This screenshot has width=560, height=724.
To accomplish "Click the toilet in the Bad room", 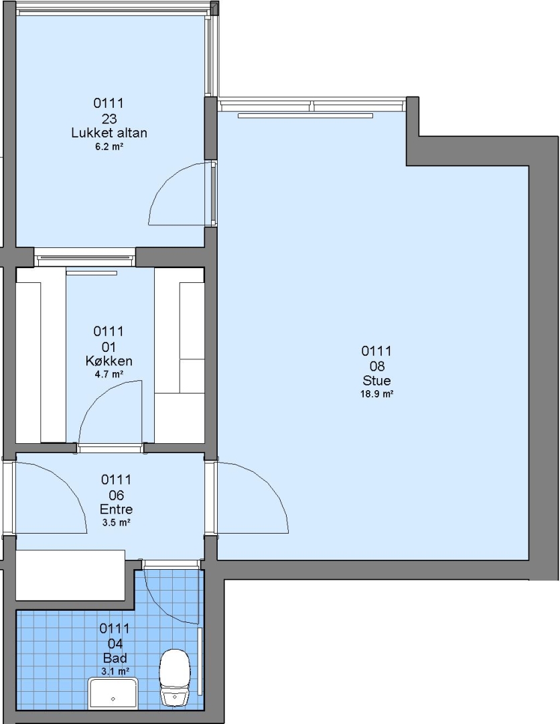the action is click(x=175, y=678).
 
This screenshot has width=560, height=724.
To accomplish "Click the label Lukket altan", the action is click(x=109, y=133).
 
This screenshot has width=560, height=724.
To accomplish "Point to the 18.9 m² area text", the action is click(x=376, y=394).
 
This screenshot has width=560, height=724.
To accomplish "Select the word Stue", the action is click(x=376, y=381).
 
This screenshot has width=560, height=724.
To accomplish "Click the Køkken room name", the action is click(x=109, y=361).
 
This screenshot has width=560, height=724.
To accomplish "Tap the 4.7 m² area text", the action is click(x=109, y=375).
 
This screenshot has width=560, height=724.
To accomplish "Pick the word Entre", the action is click(x=117, y=509).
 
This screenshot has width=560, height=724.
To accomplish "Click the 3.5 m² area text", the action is click(x=117, y=523).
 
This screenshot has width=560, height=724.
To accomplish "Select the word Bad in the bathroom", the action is click(x=115, y=658).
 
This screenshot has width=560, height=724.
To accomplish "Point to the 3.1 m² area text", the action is click(x=115, y=671).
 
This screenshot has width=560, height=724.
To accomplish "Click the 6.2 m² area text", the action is click(x=109, y=147).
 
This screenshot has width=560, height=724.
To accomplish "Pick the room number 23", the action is click(x=109, y=119).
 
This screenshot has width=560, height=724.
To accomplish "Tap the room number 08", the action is click(x=376, y=366).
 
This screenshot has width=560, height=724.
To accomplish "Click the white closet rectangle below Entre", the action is click(x=70, y=575).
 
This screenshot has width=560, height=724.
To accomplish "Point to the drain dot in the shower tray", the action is click(x=113, y=699).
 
